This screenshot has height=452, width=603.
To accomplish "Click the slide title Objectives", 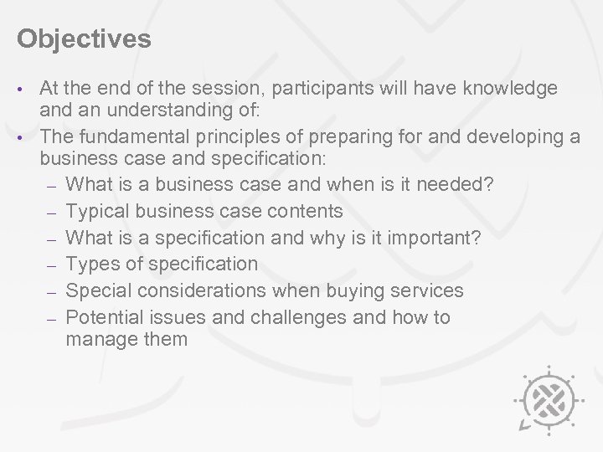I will [x=84, y=39].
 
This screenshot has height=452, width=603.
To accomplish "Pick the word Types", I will [x=90, y=264].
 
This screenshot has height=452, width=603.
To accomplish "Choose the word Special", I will [x=95, y=290].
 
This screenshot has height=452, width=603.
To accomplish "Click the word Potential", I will [x=105, y=317].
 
